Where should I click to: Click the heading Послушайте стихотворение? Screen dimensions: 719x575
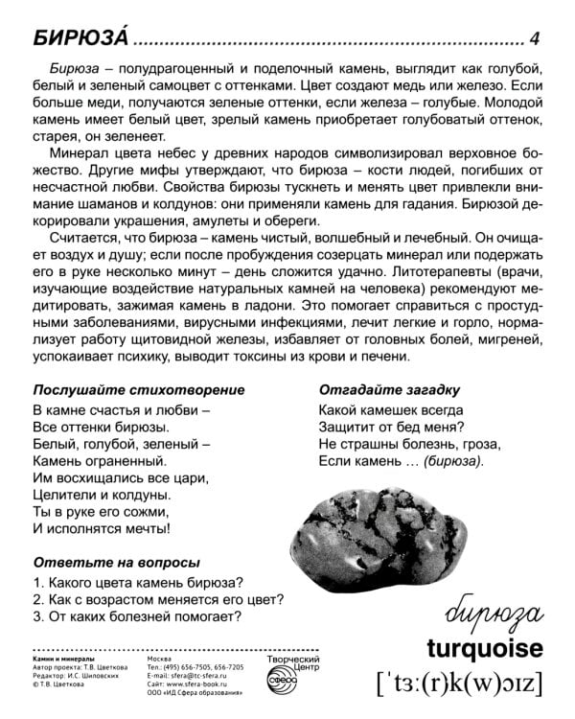139,390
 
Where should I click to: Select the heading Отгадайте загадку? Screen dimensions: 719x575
390,390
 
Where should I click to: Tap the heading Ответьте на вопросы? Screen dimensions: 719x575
117,562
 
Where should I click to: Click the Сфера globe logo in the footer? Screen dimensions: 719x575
287,683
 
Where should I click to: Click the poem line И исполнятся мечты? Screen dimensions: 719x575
102,528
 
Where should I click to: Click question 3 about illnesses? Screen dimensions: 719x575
136,616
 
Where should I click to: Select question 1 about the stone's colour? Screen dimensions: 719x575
136,582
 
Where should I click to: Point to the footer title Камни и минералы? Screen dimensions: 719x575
63,661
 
